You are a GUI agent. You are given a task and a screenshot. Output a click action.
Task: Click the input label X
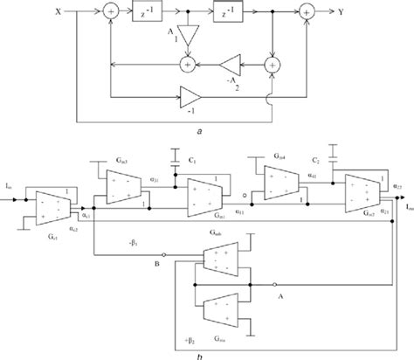(x=59, y=14)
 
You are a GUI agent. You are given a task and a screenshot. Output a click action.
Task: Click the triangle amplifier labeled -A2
(x=230, y=64)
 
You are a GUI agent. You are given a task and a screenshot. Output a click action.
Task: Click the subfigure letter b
(x=203, y=353)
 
